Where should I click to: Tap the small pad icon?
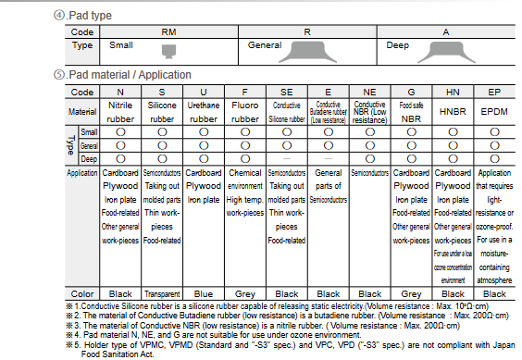(x=168, y=48)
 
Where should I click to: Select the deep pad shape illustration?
(x=448, y=47)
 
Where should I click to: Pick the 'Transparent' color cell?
(x=162, y=292)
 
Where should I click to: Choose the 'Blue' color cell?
(x=204, y=292)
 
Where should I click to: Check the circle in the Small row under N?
(x=120, y=132)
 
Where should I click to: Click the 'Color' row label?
(x=82, y=292)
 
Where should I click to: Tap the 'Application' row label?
(x=82, y=173)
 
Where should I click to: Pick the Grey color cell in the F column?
(x=244, y=292)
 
